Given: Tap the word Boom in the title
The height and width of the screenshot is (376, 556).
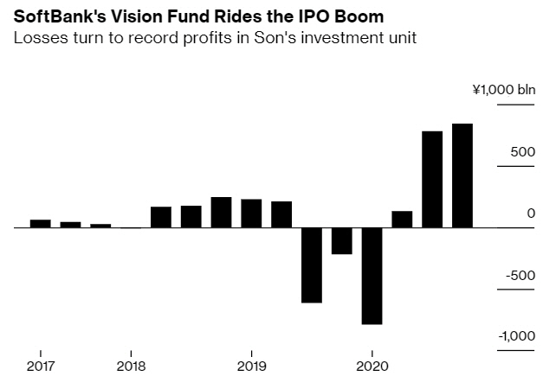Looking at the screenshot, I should pyautogui.click(x=359, y=17).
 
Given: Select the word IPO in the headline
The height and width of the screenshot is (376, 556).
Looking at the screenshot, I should pyautogui.click(x=313, y=17).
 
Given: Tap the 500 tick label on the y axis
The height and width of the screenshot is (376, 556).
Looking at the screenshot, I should pyautogui.click(x=522, y=151).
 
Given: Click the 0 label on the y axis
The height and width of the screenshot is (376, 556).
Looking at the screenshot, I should pyautogui.click(x=531, y=213).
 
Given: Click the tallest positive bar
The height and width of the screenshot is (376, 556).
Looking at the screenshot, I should pyautogui.click(x=462, y=175).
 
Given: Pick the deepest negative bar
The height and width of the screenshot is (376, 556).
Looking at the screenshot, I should pyautogui.click(x=372, y=276).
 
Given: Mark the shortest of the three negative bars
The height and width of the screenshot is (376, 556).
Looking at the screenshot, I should pyautogui.click(x=341, y=241).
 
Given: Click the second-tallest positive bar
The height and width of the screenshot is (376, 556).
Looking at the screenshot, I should pyautogui.click(x=431, y=179).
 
